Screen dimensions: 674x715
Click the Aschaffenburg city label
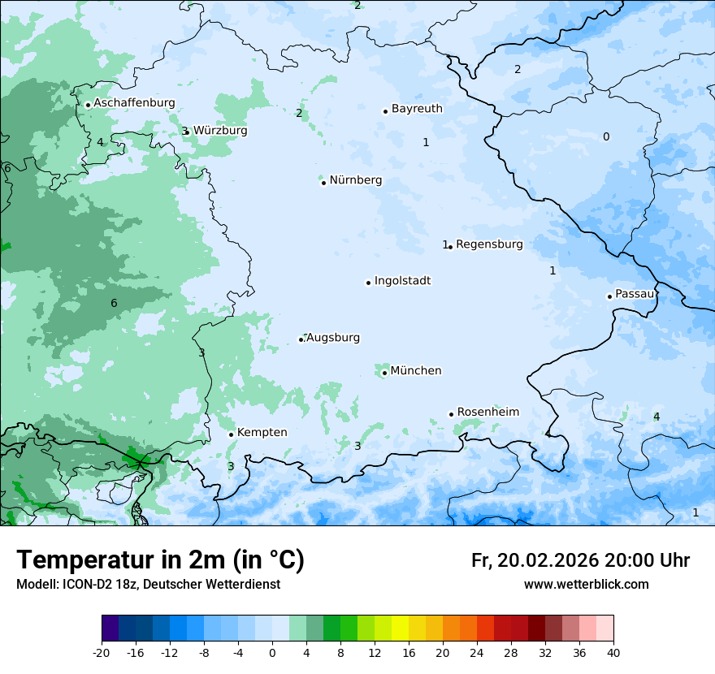coord(134,103)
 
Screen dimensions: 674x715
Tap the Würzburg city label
coord(220,131)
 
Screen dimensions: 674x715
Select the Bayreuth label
coord(417,109)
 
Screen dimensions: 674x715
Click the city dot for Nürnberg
coord(323,183)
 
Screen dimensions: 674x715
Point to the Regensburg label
coord(489,244)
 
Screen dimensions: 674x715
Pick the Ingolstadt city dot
coord(368,283)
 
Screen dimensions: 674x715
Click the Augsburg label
coord(333,338)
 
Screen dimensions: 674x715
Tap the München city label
coord(416,371)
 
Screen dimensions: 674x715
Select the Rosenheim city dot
coord(451,414)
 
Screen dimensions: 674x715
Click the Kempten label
coord(262,433)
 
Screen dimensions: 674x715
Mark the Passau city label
coord(635,294)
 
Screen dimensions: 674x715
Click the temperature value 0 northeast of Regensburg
coord(605,137)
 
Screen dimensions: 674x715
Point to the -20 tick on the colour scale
coord(102,653)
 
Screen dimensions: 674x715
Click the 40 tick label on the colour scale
coord(613,653)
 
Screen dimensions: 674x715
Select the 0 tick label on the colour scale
coord(272,653)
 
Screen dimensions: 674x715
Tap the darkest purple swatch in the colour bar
coord(110,629)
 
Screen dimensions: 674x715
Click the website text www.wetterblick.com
coord(586,585)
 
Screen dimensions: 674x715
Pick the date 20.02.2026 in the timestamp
coord(548,561)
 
